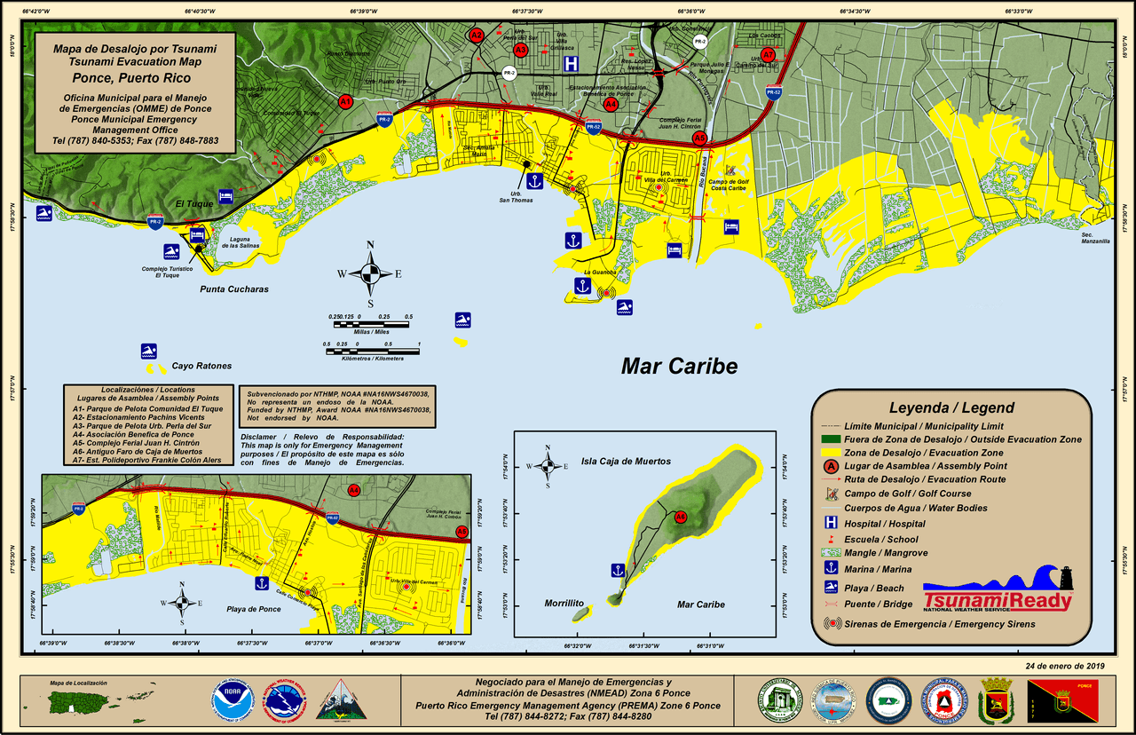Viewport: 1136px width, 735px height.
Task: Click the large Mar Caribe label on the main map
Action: coord(679,366)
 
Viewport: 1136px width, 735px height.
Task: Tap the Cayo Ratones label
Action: coord(201,366)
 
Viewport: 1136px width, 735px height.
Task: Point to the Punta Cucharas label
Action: coord(233,289)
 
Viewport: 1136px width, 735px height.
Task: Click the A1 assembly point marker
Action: coord(345,102)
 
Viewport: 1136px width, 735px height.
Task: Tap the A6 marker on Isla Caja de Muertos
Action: coord(681,517)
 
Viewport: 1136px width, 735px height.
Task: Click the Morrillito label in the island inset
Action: coord(564,604)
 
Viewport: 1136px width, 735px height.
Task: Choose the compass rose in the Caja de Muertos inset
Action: coord(548,466)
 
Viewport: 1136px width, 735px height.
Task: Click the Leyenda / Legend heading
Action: coord(951,408)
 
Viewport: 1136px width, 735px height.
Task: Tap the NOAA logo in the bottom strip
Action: coord(233,699)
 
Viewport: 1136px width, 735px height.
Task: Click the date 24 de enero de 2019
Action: coord(1065,666)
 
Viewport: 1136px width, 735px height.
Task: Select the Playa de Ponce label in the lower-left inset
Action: coord(255,608)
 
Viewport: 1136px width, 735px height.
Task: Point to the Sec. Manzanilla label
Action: coord(1094,238)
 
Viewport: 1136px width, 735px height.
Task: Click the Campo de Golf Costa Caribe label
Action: coord(728,184)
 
